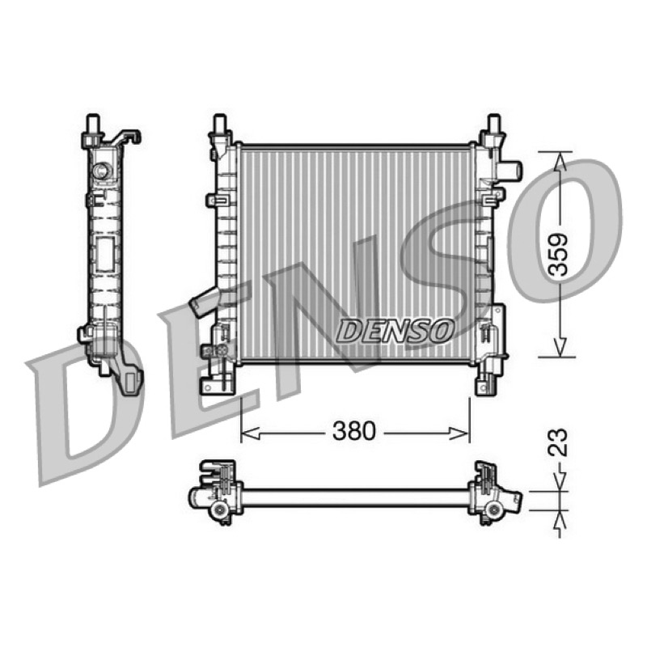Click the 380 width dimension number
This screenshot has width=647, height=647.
354,431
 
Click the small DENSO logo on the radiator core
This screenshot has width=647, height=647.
395,331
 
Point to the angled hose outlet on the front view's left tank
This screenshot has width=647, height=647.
204,301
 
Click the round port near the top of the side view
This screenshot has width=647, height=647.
101,171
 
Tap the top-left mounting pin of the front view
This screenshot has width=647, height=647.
219,124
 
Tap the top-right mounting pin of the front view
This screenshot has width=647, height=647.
493,124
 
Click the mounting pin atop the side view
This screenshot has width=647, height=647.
93,124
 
